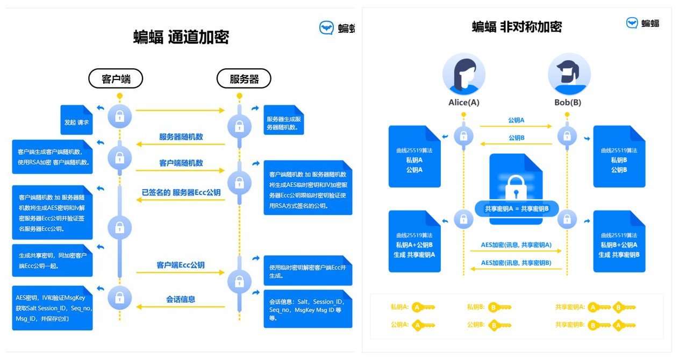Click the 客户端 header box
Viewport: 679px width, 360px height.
click(x=116, y=79)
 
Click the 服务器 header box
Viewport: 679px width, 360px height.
click(x=244, y=79)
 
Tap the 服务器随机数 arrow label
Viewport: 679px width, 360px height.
click(x=181, y=136)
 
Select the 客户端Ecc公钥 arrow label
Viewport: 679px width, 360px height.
click(x=181, y=265)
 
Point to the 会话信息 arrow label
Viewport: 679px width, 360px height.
click(x=181, y=299)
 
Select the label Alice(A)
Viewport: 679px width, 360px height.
click(x=464, y=103)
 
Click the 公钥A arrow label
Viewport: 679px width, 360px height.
click(x=516, y=120)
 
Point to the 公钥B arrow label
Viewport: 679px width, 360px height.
click(x=516, y=138)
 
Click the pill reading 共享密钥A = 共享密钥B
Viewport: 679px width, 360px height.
click(x=516, y=208)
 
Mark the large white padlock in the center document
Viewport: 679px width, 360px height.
click(x=516, y=186)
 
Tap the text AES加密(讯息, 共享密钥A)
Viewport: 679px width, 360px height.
click(x=516, y=245)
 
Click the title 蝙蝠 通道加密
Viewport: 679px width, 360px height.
click(x=181, y=37)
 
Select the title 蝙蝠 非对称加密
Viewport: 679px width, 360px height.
click(x=517, y=26)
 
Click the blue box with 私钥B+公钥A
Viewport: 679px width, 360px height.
click(x=619, y=241)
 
